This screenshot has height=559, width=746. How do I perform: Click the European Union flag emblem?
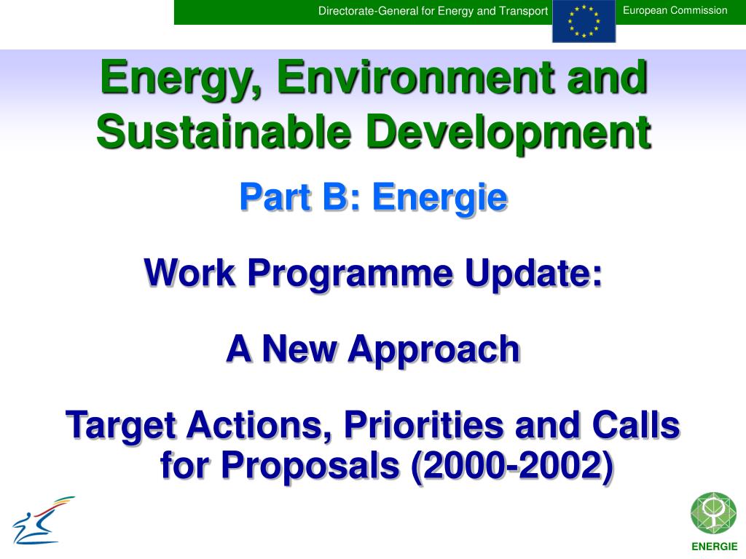(x=584, y=21)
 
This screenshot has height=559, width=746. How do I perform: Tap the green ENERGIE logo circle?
(x=713, y=513)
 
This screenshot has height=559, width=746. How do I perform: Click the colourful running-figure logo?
(x=43, y=520)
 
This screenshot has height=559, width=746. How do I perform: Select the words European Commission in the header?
(x=675, y=10)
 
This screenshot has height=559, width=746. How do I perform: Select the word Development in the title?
(x=508, y=133)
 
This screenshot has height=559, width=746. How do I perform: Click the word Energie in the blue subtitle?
(x=439, y=197)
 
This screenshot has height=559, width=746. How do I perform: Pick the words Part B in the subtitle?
(x=294, y=197)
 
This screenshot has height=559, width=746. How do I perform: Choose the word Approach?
(x=433, y=349)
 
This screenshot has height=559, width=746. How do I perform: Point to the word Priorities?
(x=423, y=424)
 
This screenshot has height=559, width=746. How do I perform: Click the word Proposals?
(x=310, y=465)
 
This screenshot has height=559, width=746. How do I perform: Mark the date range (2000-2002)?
(x=512, y=465)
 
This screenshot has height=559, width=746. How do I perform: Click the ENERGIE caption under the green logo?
(x=714, y=547)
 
